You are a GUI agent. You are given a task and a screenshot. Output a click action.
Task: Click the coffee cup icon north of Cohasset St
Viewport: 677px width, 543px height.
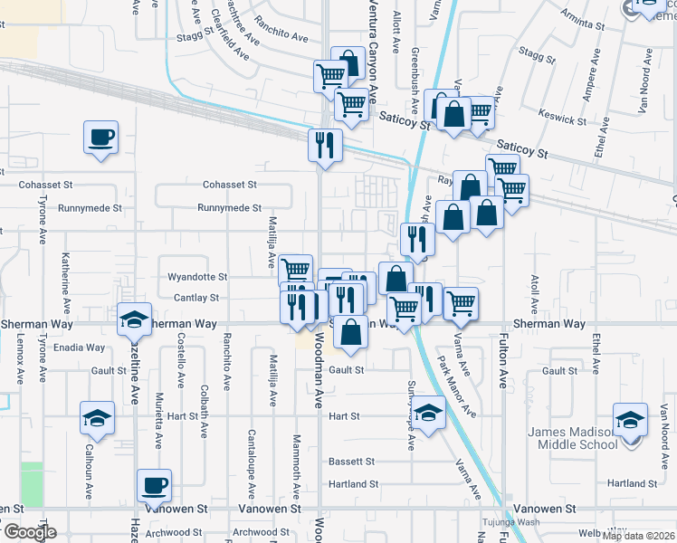click(100, 138)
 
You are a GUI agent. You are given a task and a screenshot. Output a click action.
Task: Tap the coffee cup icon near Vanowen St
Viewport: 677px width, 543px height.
click(154, 486)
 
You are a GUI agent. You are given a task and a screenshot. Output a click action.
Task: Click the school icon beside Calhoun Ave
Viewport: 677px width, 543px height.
click(97, 418)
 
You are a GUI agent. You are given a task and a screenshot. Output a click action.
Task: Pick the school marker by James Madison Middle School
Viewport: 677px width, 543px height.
click(630, 420)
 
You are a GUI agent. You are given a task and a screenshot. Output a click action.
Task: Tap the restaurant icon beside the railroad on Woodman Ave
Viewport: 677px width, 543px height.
click(324, 145)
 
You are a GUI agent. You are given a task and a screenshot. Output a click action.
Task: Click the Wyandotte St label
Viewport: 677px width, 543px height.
click(197, 277)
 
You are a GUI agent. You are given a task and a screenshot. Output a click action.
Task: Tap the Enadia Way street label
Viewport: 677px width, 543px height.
click(80, 348)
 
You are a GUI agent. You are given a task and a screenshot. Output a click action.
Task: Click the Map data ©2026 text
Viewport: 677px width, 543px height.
click(639, 536)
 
